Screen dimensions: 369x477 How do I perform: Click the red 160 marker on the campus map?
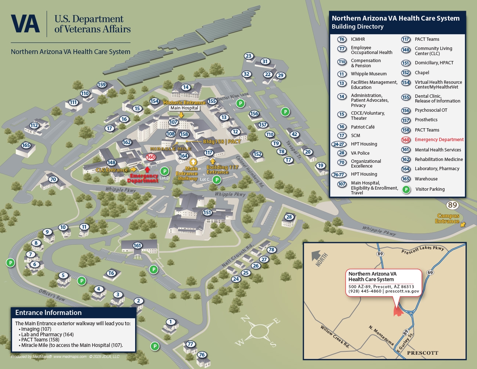pos(151,157)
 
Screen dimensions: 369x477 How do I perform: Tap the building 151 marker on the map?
pos(207,212)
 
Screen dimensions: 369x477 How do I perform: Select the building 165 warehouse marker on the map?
pos(26,145)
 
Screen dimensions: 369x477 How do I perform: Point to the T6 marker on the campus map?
pos(111,273)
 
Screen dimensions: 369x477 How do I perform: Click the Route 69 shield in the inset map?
pos(430,272)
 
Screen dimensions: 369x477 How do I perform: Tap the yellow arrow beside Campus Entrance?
pos(463,224)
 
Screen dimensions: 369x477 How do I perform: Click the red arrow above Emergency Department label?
pos(147,169)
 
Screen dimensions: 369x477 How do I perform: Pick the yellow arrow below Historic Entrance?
pos(181,115)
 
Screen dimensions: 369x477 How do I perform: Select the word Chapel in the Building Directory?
pos(422,73)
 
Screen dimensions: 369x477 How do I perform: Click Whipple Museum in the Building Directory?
pos(368,74)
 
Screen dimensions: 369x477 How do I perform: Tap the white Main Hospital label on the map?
pos(184,108)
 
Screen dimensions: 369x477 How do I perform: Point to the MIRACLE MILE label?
pos(171,149)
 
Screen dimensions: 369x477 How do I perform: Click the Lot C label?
pos(205,179)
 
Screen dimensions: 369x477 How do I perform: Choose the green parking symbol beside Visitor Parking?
pos(406,189)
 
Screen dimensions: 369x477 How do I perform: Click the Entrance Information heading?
pos(48,313)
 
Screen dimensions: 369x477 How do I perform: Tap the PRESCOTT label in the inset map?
pos(422,353)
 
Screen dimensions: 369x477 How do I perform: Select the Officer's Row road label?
pos(52,295)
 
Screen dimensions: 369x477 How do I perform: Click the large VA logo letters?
pos(25,24)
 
